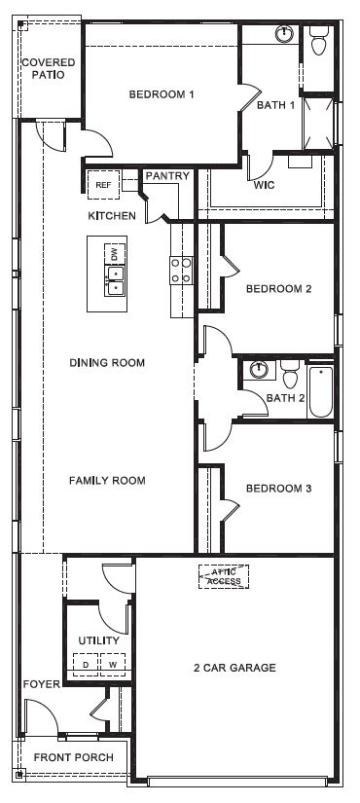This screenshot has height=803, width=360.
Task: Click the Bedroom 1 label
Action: click(x=162, y=94)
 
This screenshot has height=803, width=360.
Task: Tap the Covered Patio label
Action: click(x=42, y=68)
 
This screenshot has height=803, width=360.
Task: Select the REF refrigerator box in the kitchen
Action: click(x=102, y=182)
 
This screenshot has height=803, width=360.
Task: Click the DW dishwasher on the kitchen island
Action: click(x=115, y=254)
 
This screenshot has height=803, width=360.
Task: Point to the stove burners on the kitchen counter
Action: click(x=181, y=270)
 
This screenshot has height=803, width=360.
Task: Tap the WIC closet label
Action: click(x=264, y=184)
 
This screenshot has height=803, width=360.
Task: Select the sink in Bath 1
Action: click(x=284, y=35)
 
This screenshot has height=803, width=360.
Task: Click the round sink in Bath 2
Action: click(x=259, y=370)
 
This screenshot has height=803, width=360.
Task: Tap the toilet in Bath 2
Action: click(x=290, y=373)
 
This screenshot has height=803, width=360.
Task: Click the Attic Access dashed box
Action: click(x=224, y=577)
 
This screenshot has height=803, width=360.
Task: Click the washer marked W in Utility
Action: click(x=112, y=666)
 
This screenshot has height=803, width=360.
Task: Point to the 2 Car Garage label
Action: click(x=234, y=668)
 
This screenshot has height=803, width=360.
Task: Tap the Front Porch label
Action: click(x=73, y=757)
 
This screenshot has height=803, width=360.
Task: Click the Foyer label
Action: click(x=42, y=684)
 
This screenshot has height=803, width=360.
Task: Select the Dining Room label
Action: click(x=107, y=363)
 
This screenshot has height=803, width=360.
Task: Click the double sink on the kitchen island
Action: click(x=115, y=281)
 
